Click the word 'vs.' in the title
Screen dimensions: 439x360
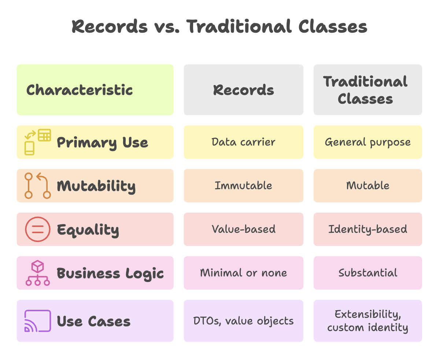pos(167,27)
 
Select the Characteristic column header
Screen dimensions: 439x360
pos(95,90)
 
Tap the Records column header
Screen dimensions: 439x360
pos(243,90)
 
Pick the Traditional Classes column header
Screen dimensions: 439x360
pos(368,90)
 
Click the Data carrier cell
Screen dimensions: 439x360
pos(243,142)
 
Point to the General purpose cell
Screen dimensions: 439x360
pos(368,142)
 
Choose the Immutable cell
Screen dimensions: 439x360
pos(243,185)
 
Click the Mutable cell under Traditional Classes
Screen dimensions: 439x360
pos(368,185)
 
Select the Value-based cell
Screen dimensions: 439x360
pos(243,229)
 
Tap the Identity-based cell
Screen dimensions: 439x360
pos(368,229)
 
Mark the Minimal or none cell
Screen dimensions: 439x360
pos(243,273)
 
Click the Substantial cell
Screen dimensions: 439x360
pos(368,273)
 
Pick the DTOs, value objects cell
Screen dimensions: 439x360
pos(243,321)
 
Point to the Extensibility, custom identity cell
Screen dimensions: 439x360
pos(368,321)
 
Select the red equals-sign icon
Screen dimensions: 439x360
pos(38,229)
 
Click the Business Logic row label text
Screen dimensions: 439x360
pos(110,273)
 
